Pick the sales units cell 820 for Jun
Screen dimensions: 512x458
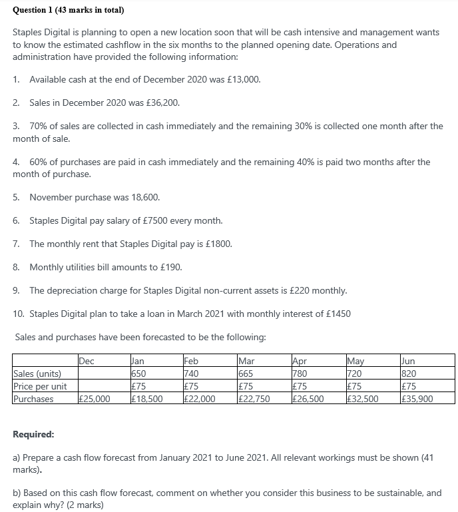[x=409, y=373]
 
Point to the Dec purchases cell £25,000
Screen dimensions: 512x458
[x=93, y=399]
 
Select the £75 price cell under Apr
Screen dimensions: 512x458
[x=300, y=386]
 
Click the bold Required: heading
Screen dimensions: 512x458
[x=34, y=434]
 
